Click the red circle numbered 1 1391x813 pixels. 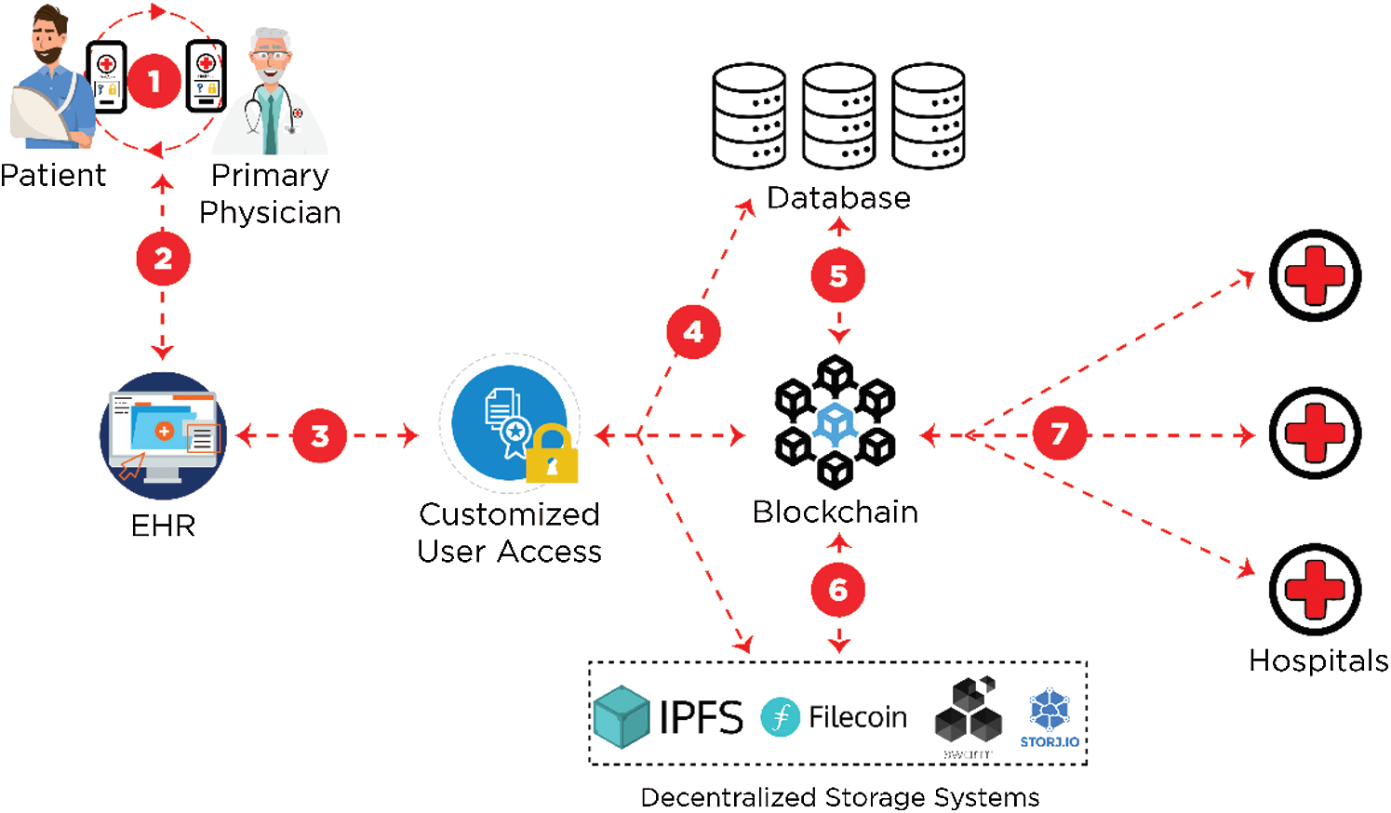154,82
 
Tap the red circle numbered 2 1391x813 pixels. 163,259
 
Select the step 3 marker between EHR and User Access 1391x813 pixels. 319,435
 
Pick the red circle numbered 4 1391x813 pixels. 693,332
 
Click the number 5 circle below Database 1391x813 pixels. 837,276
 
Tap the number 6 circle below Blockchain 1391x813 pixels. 837,590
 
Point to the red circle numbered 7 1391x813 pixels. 1059,433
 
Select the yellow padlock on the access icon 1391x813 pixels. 552,455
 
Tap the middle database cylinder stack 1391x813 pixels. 838,116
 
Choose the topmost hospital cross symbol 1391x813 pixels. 1315,276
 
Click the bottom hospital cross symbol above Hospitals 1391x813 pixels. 1315,590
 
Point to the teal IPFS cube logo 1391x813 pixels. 622,717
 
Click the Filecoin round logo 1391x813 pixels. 780,717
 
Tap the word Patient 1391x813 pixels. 53,176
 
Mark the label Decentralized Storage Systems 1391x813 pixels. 839,797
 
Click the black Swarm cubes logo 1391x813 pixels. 969,712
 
